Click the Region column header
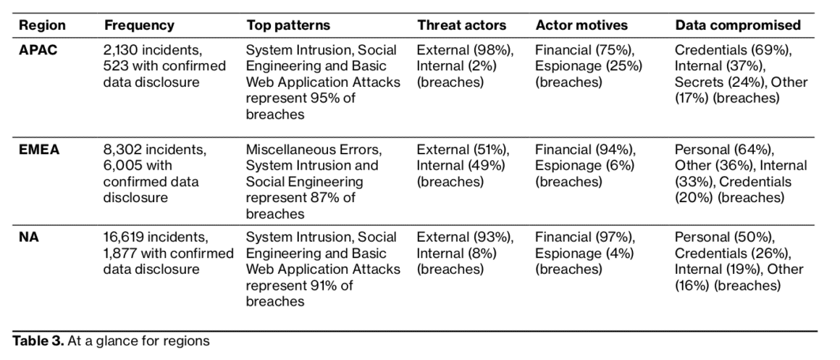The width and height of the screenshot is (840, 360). (42, 25)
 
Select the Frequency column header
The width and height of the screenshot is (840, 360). (139, 25)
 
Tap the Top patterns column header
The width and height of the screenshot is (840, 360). (288, 25)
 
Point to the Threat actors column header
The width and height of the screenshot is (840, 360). (462, 25)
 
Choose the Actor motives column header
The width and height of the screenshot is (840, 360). (581, 25)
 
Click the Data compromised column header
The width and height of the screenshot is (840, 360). (738, 25)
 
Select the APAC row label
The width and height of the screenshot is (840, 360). (38, 50)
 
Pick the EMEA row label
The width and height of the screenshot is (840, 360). (38, 149)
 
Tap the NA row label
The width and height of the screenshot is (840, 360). (29, 237)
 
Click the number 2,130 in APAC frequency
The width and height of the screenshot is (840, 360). (120, 51)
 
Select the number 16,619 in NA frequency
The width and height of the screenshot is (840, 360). (124, 238)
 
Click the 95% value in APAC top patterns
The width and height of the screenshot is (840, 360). (322, 98)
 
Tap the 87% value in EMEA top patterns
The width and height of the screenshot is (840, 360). (322, 198)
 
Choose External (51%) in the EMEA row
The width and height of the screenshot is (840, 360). (463, 150)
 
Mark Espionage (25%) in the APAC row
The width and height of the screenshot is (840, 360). (589, 67)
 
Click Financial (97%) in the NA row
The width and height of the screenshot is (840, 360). (585, 238)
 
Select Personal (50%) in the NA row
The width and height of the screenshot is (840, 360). (724, 238)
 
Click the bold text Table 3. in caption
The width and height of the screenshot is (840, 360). (38, 340)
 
